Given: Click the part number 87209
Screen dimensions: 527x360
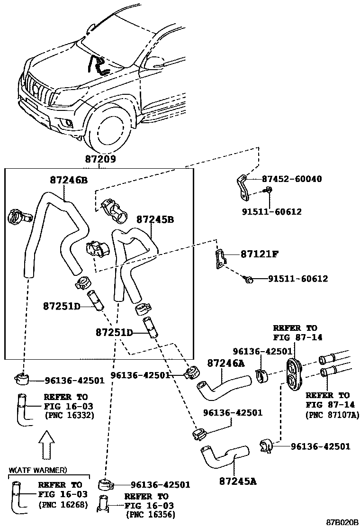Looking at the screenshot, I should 100,160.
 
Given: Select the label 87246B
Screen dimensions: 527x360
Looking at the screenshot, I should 69,180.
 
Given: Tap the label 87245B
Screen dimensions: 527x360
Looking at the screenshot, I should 155,220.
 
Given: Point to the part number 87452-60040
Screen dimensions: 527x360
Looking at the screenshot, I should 292,179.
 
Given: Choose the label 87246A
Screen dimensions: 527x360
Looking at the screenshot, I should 226,363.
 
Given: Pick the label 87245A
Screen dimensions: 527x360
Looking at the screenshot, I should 238,481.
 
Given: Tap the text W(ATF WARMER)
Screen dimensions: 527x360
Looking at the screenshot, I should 38,470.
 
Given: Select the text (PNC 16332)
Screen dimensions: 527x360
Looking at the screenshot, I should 68,416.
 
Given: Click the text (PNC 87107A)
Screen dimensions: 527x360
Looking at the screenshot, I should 329,414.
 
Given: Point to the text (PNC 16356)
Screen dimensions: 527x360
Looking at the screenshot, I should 150,514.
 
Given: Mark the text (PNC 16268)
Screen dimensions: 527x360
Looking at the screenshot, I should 63,505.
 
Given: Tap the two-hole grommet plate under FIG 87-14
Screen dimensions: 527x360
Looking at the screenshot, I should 295,376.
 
